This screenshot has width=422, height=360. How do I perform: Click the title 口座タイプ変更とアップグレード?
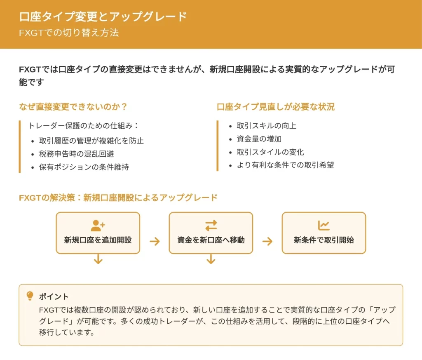[103, 16]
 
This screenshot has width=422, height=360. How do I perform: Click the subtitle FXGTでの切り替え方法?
[69, 33]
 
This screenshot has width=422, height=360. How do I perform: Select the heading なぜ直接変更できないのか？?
[73, 107]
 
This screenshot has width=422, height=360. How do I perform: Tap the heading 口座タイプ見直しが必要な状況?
[276, 107]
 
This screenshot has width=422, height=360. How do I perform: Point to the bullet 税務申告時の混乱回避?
[76, 154]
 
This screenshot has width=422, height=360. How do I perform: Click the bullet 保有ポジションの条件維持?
[84, 167]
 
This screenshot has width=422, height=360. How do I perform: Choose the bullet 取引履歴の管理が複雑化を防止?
[91, 141]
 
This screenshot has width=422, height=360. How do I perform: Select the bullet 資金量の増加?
[259, 139]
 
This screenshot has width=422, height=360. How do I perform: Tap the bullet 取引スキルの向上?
[267, 126]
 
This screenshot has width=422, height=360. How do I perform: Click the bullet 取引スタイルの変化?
[270, 152]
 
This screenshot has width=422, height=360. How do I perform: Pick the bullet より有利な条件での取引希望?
[285, 165]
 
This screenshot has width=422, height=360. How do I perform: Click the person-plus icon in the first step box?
[98, 226]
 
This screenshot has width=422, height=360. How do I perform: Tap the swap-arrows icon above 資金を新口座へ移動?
[211, 226]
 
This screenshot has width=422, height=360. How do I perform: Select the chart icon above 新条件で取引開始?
[324, 226]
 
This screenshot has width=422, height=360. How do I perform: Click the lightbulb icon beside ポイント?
[30, 296]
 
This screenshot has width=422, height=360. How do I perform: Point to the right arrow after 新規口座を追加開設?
[155, 241]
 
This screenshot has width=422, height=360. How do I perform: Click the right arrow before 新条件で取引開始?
[267, 241]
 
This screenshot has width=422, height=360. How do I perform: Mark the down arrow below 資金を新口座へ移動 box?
[211, 259]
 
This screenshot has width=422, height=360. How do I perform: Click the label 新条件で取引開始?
[324, 240]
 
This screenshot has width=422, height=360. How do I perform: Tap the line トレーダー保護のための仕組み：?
[83, 126]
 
